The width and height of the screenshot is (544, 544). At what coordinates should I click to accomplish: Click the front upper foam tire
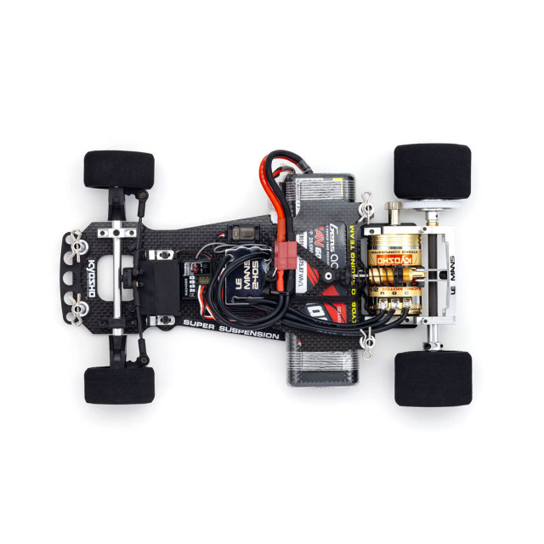[x=119, y=169]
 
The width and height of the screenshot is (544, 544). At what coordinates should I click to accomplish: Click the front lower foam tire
[x=119, y=384]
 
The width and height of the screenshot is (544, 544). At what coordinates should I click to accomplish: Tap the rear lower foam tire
[x=432, y=378]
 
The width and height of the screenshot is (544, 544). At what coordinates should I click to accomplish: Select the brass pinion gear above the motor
[x=394, y=210]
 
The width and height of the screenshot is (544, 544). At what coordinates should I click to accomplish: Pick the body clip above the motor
[x=366, y=205]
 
